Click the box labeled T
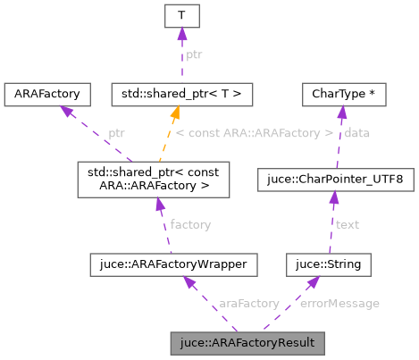[x=180, y=18]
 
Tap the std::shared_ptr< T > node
[x=180, y=93]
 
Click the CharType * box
[x=343, y=93]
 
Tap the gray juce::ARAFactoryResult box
[x=247, y=342]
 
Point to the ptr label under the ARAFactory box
[x=117, y=133]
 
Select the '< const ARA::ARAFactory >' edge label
[x=254, y=133]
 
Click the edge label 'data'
[x=357, y=133]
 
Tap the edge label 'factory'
[x=190, y=225]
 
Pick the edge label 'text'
[x=347, y=224]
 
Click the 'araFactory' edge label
[x=248, y=304]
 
